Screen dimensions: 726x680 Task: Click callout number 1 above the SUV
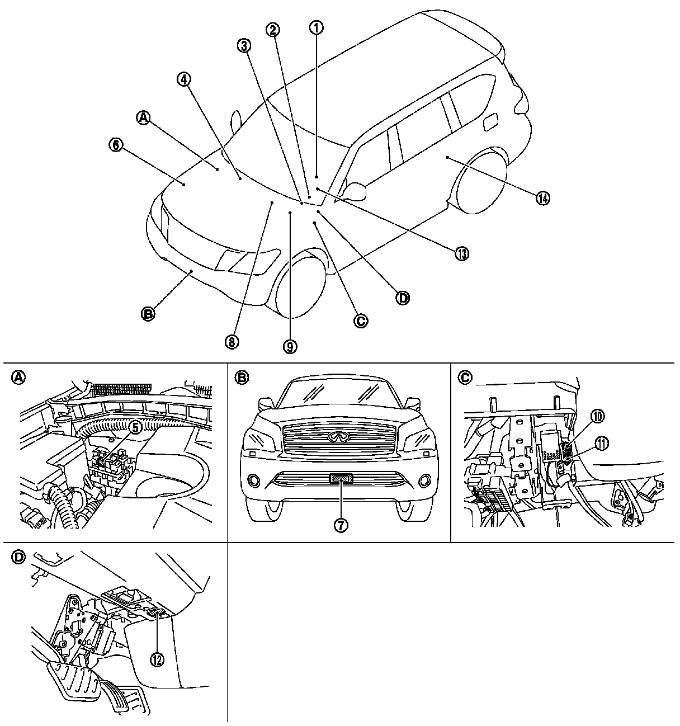coord(317,27)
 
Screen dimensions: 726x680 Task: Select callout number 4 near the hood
coord(184,79)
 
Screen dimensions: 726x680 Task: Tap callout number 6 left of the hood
coord(116,145)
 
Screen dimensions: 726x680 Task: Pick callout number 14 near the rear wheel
coord(542,197)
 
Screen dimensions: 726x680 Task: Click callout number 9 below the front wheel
coord(290,347)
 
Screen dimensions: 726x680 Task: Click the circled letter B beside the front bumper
coord(148,314)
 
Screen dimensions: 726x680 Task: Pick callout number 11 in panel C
coord(603,443)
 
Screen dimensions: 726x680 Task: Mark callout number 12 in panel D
coord(157,659)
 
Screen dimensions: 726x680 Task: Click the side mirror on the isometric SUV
coord(355,191)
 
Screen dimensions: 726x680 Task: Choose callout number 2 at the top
coord(272,30)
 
